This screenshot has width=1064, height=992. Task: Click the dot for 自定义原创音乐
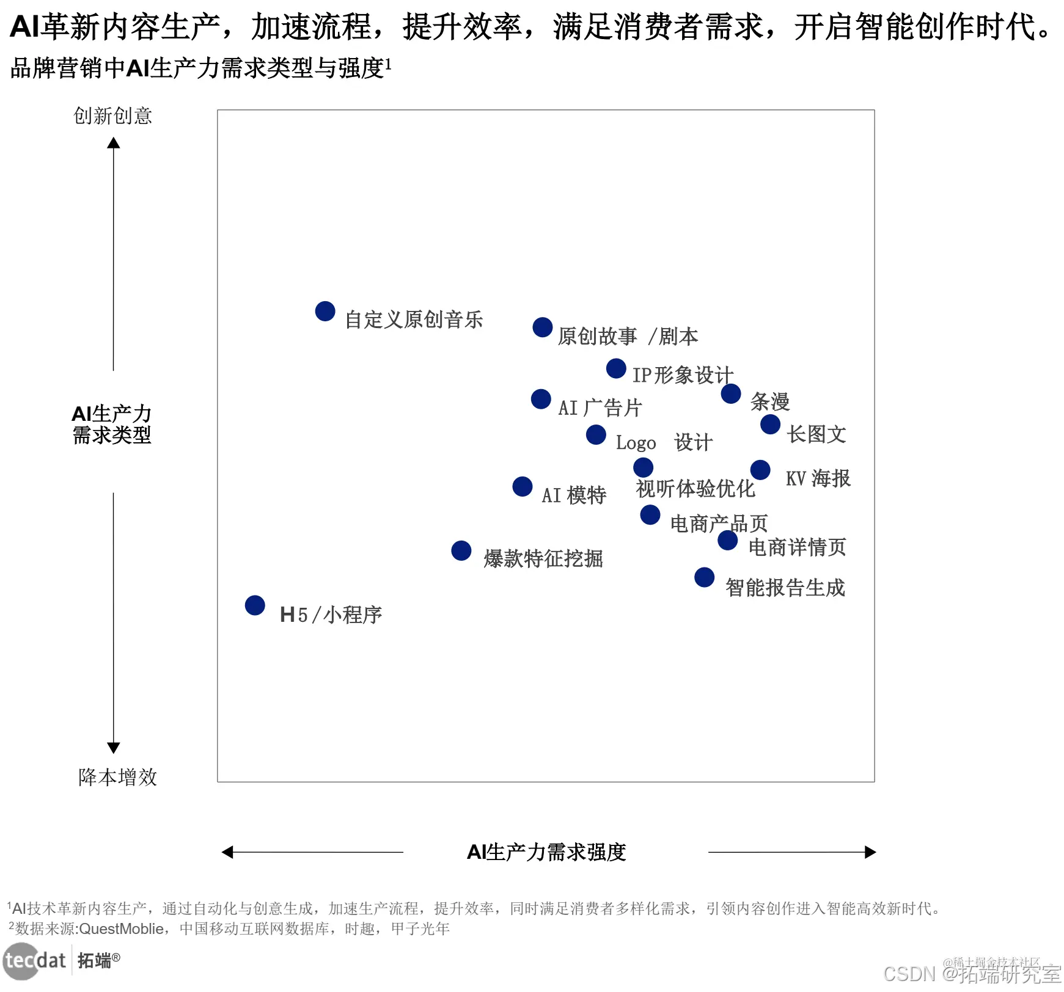tap(325, 311)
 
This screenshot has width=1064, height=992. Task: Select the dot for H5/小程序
tap(255, 605)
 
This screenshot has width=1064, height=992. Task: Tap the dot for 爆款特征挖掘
tap(461, 550)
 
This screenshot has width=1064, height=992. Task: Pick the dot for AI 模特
tap(523, 487)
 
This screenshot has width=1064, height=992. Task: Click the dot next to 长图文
tap(770, 424)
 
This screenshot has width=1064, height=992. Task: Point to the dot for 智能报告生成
tap(705, 577)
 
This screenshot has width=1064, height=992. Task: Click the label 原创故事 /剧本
tap(628, 337)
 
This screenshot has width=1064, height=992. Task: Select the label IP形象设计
tap(683, 374)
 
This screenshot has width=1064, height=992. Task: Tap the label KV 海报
tap(818, 478)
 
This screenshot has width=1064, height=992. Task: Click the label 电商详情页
tap(797, 547)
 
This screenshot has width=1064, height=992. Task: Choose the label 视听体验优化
tap(695, 489)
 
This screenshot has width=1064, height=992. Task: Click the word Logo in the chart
tap(636, 443)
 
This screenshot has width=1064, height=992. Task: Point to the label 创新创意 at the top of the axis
tap(113, 115)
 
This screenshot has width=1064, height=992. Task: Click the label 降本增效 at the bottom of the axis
tap(118, 777)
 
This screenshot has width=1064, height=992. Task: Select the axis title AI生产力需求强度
tap(546, 852)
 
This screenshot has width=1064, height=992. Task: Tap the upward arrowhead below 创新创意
tap(114, 143)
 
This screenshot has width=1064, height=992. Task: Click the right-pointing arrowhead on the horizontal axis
tap(870, 852)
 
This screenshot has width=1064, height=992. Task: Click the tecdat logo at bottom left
tap(35, 960)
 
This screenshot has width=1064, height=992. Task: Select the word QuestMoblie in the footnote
tap(121, 929)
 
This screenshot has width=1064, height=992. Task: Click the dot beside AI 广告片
tap(541, 399)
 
